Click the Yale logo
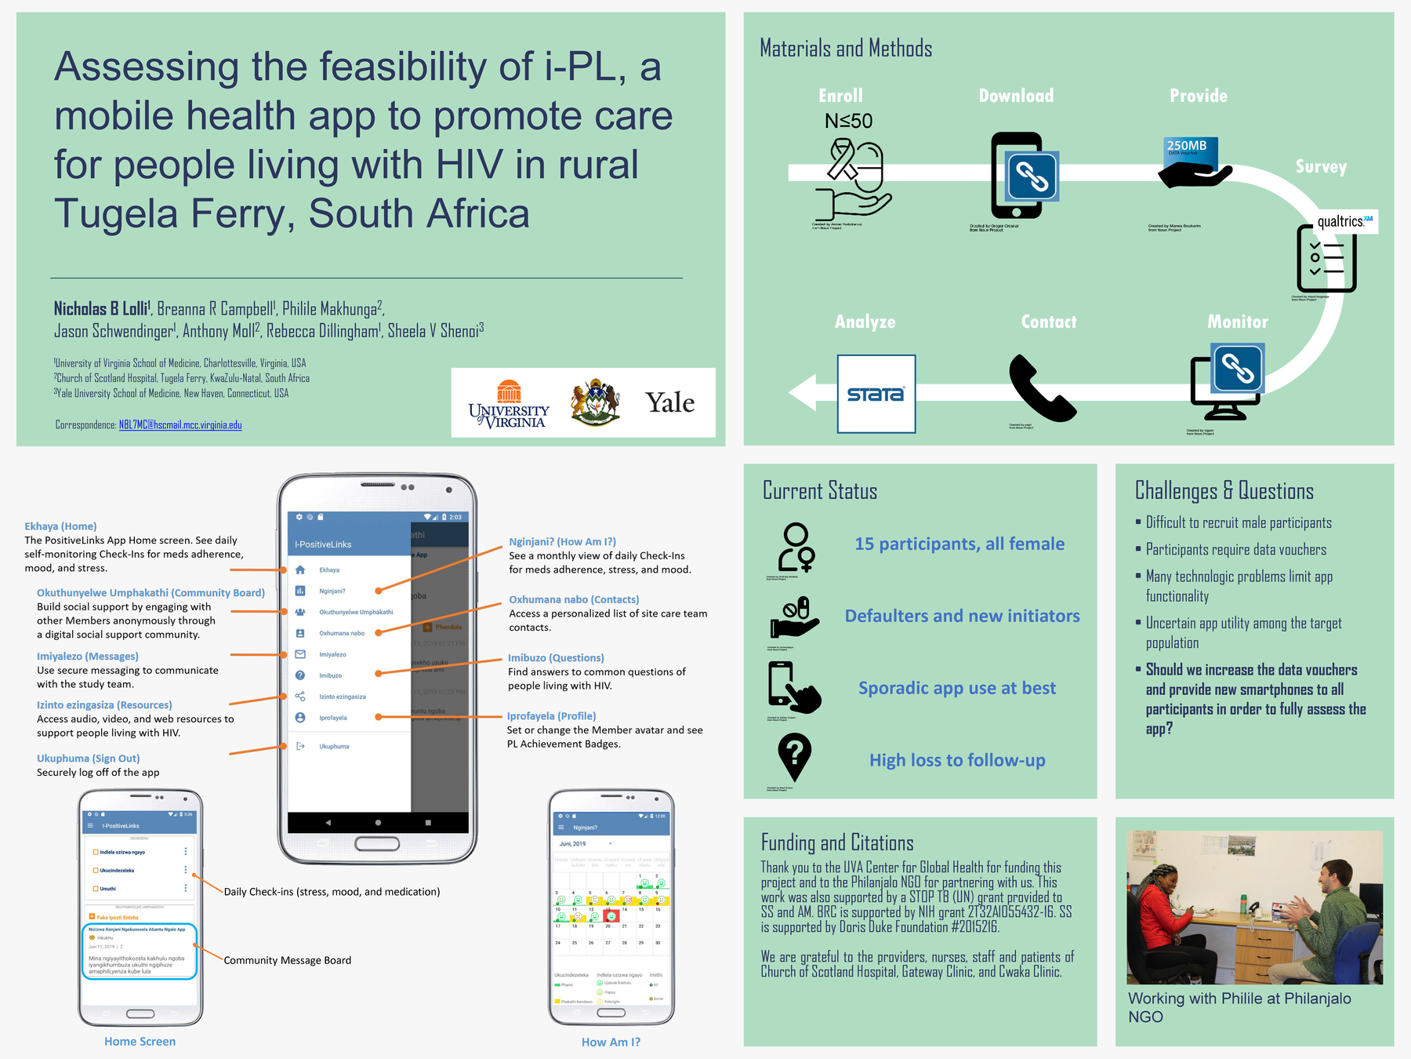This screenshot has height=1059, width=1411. [x=669, y=403]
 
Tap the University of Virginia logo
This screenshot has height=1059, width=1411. [x=509, y=405]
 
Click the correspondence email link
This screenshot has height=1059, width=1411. [x=180, y=425]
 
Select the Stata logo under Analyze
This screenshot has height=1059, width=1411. [x=876, y=394]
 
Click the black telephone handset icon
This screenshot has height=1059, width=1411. [x=1041, y=389]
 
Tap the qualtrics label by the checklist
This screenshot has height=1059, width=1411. [x=1345, y=221]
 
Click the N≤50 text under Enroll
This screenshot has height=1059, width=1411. [x=848, y=121]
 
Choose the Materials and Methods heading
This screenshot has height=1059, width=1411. [x=846, y=49]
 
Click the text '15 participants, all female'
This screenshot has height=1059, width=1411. [x=959, y=544]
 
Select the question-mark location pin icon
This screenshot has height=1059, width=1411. [x=794, y=756]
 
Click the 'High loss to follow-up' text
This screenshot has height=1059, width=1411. [x=957, y=760]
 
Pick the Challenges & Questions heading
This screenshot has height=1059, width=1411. [x=1224, y=491]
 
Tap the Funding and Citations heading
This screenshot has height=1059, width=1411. [x=837, y=843]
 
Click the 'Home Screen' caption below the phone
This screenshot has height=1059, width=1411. [x=140, y=1042]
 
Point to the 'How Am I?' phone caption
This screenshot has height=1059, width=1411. [x=611, y=1042]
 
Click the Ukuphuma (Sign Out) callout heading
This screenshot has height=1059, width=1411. [x=88, y=759]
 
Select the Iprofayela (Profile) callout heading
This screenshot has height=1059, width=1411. [x=551, y=716]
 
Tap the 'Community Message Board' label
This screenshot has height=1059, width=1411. [x=287, y=960]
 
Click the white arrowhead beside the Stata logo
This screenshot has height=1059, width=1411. [x=803, y=392]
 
